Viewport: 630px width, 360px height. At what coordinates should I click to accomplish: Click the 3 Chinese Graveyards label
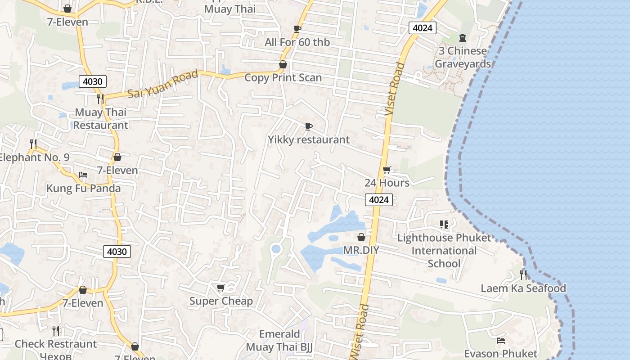pos(463,57)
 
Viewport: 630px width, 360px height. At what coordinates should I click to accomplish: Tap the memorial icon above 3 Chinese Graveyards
pos(462,38)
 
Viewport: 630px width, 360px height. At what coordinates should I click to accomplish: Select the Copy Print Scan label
pos(283,77)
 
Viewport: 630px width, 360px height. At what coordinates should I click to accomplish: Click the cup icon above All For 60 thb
pos(297,29)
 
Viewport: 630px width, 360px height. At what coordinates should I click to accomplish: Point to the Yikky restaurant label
pos(309,139)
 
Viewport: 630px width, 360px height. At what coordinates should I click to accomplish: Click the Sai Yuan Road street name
pos(163,84)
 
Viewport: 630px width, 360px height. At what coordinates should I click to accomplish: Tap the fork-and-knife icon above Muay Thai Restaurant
pos(100,99)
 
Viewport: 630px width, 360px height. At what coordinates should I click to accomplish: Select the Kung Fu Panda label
pos(84,188)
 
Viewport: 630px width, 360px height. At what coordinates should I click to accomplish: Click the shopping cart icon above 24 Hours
pos(387,170)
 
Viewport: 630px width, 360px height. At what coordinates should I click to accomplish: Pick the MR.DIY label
pos(361,250)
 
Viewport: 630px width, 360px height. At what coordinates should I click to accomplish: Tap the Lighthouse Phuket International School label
pos(444,251)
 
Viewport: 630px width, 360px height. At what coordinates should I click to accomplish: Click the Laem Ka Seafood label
pos(523,288)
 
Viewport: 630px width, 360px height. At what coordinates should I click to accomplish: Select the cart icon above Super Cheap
pos(220,288)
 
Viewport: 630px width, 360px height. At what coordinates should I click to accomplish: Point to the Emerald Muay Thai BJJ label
pos(279,341)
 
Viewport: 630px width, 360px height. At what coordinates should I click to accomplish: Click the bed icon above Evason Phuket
pos(500,341)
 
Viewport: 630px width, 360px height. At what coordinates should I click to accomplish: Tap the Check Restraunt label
pos(56,344)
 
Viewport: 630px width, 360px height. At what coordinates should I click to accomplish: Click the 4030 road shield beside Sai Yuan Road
pos(93,82)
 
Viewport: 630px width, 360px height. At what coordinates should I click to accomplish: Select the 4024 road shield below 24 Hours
pos(379,200)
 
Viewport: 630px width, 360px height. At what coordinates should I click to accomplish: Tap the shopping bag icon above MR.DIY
pos(361,237)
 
